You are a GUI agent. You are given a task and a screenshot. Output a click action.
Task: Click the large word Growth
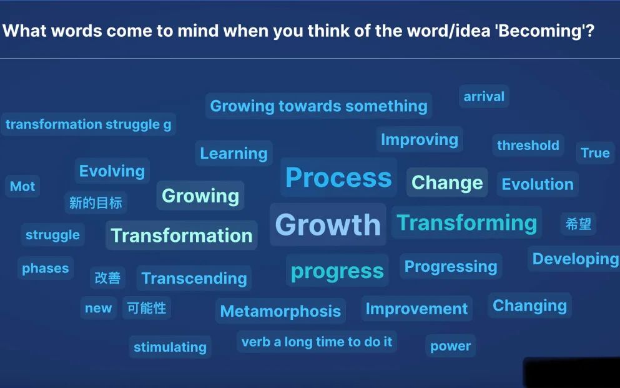[328, 225]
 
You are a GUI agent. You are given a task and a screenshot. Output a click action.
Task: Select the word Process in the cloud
[338, 177]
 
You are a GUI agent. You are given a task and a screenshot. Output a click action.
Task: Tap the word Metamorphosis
[281, 311]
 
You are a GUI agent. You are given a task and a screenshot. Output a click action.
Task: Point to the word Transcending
[194, 279]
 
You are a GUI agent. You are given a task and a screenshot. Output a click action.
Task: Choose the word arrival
[484, 96]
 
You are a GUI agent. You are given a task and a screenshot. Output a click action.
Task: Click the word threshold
[528, 145]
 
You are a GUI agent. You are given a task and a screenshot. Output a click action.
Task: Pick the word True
[595, 152]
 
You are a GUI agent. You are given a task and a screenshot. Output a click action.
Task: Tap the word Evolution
[538, 184]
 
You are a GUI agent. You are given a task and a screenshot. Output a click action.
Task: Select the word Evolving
[112, 172]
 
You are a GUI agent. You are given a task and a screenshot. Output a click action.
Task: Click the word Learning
[234, 154]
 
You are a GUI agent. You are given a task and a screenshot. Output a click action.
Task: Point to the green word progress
[337, 272]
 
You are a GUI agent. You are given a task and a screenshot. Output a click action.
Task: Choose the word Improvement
[416, 309]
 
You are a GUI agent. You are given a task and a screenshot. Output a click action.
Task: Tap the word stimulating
[170, 347]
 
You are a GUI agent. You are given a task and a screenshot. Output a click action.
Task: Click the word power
[450, 346]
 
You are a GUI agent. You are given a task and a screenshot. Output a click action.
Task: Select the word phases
[46, 269]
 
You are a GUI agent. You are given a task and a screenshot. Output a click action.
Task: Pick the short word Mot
[22, 186]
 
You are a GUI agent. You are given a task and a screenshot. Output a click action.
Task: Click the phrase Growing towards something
[318, 106]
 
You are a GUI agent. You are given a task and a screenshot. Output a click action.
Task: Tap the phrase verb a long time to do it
[317, 342]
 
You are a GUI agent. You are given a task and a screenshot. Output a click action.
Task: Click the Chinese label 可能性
[147, 307]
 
